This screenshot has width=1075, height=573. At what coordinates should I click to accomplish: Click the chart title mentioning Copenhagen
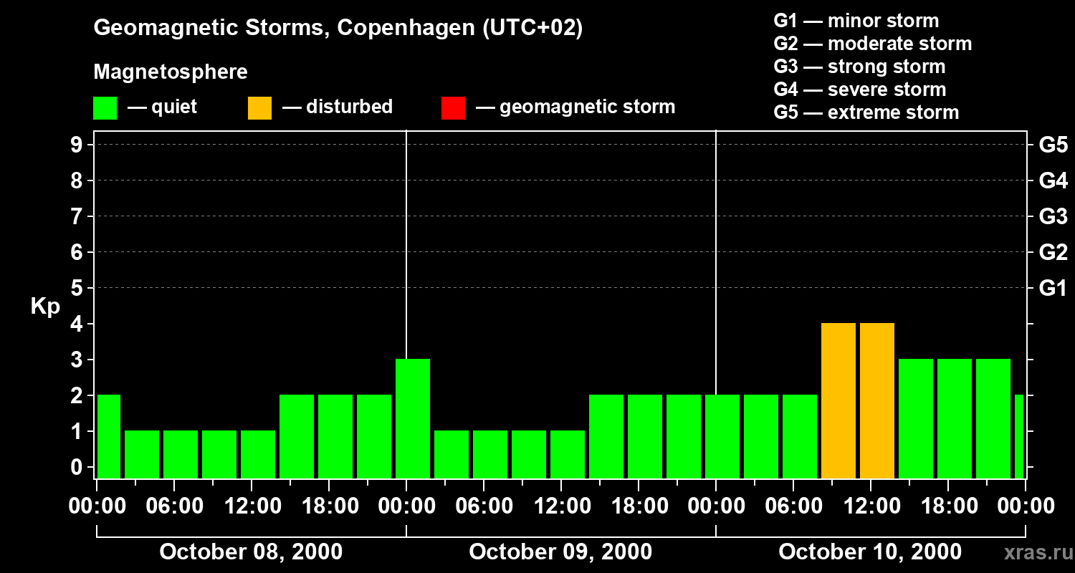[x=338, y=28]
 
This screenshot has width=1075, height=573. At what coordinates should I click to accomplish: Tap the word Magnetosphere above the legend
[x=171, y=72]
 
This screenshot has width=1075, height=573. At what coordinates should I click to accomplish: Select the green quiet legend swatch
[x=105, y=108]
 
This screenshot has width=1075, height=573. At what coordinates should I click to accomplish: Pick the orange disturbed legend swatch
[x=259, y=108]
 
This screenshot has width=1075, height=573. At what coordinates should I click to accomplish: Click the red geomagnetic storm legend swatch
[x=453, y=108]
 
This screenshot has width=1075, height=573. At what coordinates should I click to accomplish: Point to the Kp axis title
[x=45, y=307]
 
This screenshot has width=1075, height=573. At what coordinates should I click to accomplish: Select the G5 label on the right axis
[x=1053, y=145]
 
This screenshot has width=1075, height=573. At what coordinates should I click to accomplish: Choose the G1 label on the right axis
[x=1053, y=289]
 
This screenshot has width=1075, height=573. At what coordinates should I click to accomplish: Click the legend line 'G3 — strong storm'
[x=859, y=67]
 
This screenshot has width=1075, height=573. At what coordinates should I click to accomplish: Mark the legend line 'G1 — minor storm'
[x=856, y=21]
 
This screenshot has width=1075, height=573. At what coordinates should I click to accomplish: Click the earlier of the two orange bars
[x=838, y=400]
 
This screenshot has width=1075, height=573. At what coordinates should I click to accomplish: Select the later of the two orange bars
[x=877, y=400]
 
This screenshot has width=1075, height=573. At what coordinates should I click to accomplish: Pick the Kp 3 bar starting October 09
[x=413, y=418]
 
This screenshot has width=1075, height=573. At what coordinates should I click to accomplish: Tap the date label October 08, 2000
[x=251, y=552]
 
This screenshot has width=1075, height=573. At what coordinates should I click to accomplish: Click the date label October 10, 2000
[x=870, y=552]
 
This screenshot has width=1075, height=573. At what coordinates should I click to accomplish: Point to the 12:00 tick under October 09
[x=561, y=506]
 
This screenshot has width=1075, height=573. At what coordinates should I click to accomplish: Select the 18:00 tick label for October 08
[x=329, y=506]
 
